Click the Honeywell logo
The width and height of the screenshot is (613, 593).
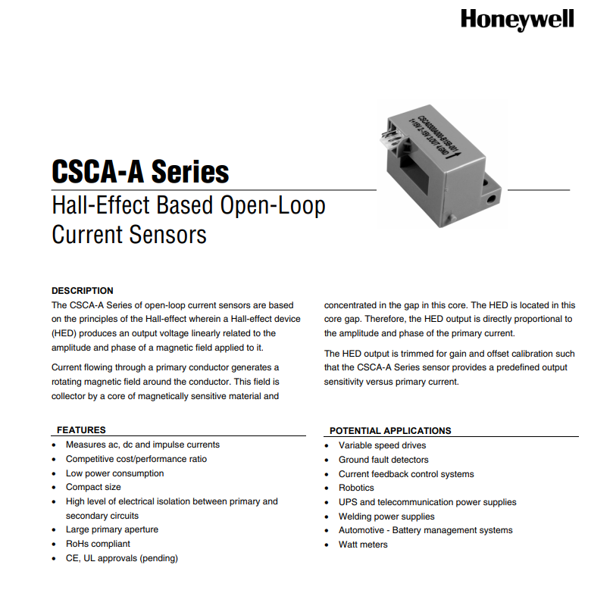point(517,20)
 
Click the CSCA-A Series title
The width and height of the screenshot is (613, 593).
point(140,171)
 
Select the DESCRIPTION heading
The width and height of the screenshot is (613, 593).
point(83,291)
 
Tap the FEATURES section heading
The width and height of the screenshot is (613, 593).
point(81,430)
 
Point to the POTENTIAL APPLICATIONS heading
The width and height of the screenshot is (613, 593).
point(390,431)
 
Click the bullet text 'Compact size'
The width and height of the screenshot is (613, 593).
point(93,487)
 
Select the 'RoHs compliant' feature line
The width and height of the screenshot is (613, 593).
point(98,544)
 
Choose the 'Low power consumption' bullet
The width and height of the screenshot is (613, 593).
point(114,473)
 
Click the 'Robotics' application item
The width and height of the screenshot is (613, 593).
point(356,488)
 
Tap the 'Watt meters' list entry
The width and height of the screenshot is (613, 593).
point(363,545)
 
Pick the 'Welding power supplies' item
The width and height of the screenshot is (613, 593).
point(386,517)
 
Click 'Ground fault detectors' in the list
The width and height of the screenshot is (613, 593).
point(383,460)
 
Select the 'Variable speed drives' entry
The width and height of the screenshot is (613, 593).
point(382,445)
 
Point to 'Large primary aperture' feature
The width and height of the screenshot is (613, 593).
point(112,529)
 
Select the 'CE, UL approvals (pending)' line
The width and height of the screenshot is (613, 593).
point(121,558)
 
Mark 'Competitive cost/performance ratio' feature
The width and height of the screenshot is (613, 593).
point(136,459)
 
